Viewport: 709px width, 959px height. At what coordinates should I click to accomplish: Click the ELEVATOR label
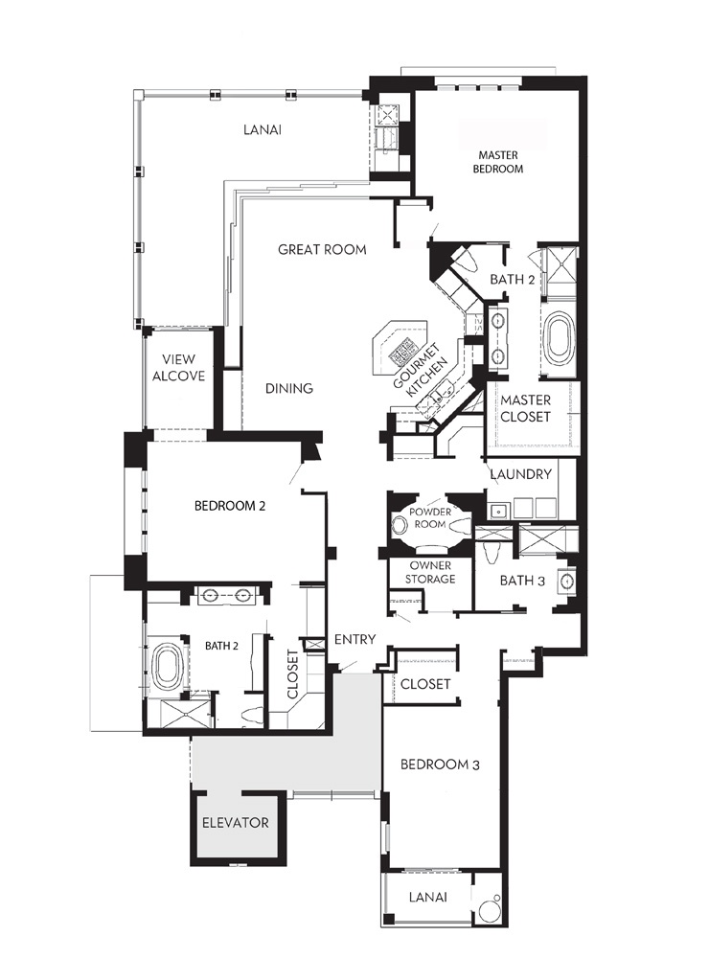point(236,823)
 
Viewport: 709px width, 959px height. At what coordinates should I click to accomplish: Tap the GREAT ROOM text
point(322,249)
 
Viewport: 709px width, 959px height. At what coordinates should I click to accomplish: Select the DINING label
point(289,388)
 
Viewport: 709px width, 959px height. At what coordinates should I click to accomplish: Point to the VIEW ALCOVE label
point(178,368)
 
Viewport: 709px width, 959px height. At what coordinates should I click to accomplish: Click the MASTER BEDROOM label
point(498,162)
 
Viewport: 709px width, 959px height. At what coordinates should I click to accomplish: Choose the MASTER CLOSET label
point(525,408)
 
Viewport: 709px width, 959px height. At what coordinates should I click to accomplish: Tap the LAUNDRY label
point(520,474)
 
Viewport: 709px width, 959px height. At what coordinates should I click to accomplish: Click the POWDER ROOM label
point(430,518)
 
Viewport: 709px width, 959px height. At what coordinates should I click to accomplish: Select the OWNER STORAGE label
point(430,573)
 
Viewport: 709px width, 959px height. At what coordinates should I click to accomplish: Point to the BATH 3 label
point(522,581)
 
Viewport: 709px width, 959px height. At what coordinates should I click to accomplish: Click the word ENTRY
point(354,640)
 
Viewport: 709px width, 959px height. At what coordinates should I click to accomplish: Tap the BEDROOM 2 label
point(230,506)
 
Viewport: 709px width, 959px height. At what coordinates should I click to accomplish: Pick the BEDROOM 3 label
point(440,765)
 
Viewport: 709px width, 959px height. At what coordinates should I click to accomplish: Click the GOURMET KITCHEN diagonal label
point(421,371)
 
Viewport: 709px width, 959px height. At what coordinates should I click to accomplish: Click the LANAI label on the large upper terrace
point(263,130)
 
